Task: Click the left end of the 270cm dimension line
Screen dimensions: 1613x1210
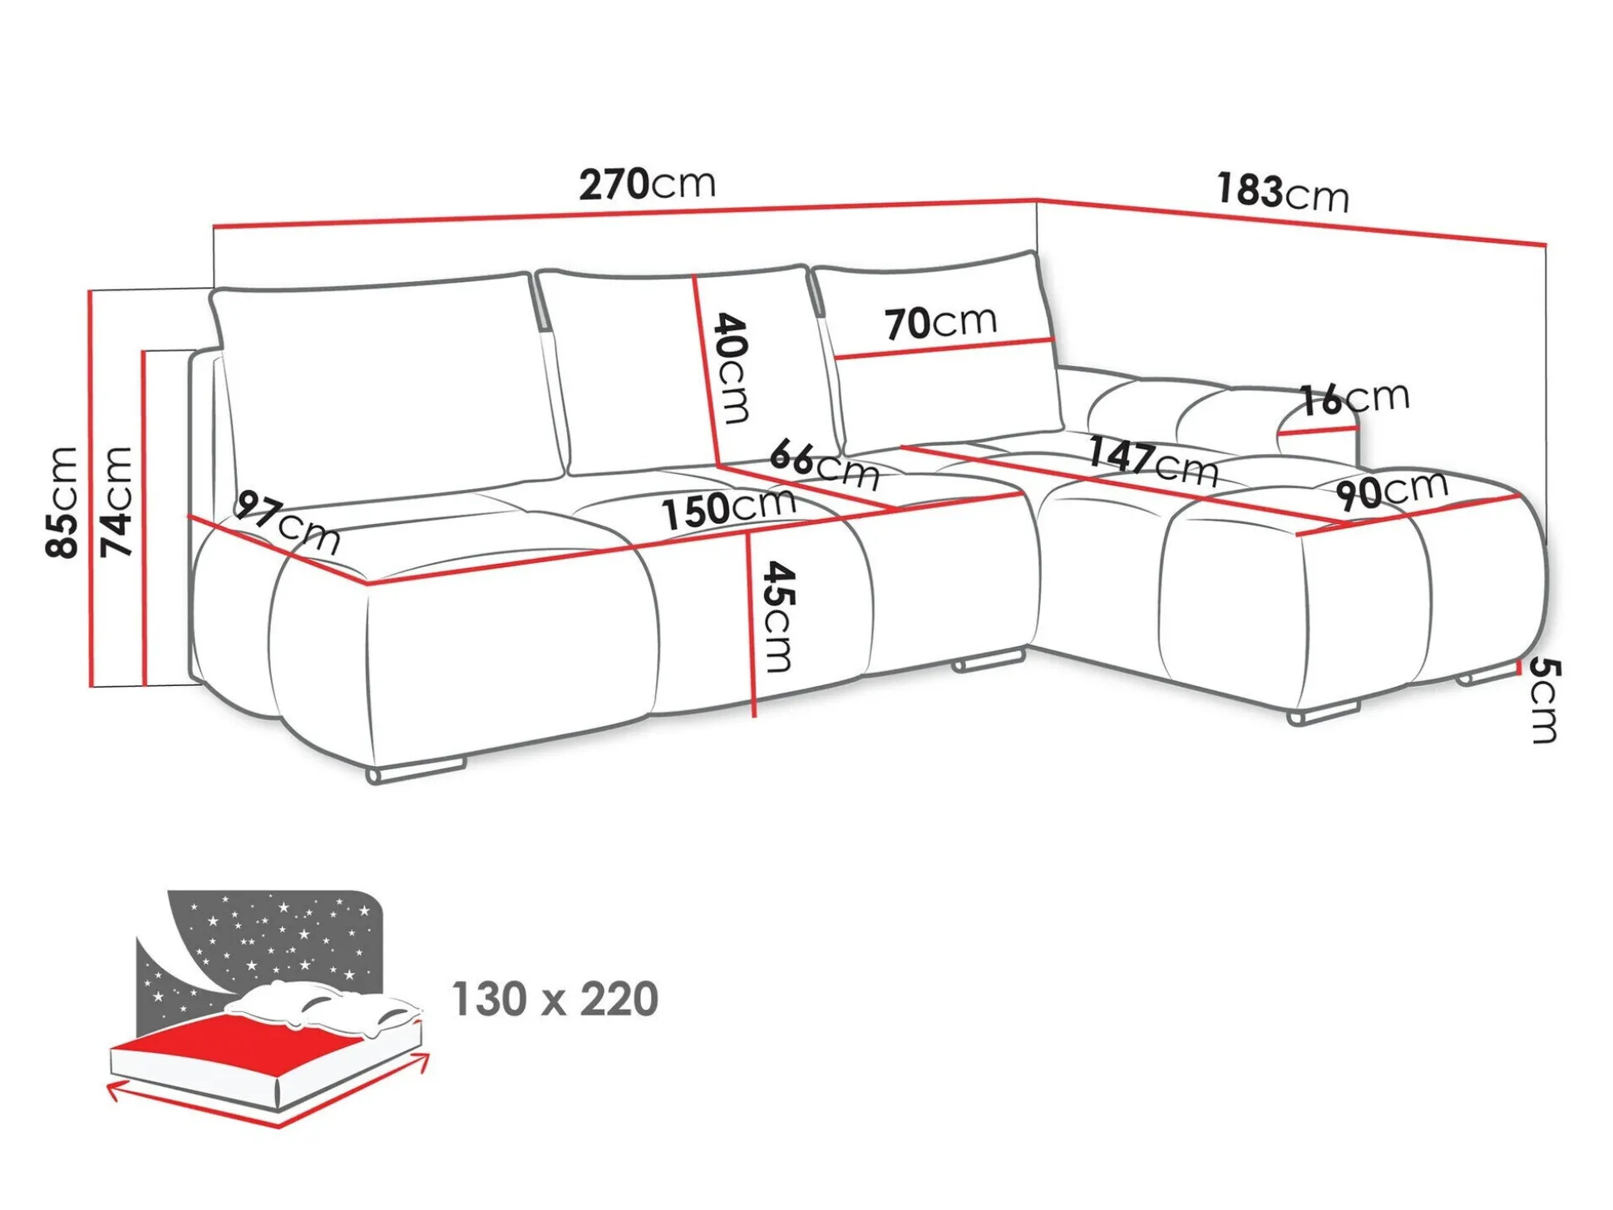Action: tap(215, 226)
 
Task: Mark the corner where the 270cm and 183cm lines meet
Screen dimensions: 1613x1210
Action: tap(1037, 200)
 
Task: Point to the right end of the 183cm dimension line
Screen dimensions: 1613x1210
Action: tap(1546, 245)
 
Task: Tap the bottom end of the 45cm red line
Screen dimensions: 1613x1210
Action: tap(754, 716)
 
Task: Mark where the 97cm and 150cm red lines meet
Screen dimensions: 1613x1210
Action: tap(367, 585)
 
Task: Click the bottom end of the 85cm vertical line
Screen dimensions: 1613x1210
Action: tap(90, 687)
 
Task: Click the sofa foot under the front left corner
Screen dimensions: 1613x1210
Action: tap(416, 771)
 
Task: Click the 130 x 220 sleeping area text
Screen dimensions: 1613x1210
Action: tap(555, 999)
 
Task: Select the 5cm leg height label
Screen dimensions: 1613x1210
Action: tap(1544, 699)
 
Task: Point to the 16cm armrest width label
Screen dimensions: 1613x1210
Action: tap(1354, 398)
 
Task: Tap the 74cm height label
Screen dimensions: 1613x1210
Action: tap(116, 501)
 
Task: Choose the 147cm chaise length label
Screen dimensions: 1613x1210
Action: tap(1153, 462)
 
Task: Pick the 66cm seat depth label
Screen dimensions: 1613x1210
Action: tap(824, 467)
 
